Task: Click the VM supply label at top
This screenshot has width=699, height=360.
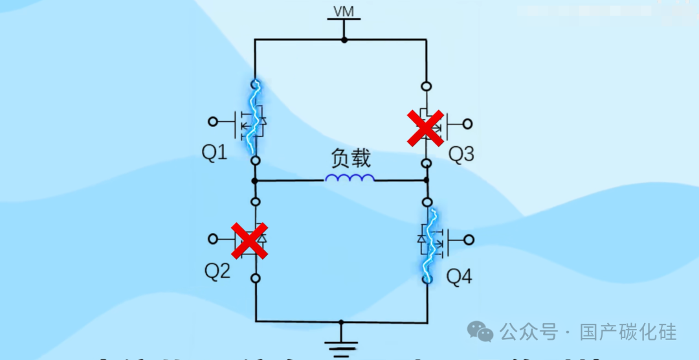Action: point(344,12)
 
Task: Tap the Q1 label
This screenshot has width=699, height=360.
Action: point(215,153)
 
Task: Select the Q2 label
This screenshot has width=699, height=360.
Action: point(217,271)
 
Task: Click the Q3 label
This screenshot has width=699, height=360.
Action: point(461,154)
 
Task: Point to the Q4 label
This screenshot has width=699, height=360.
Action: point(460,277)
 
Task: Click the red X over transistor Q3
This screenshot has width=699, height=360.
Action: point(425,126)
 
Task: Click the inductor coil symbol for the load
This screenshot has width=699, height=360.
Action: point(349,178)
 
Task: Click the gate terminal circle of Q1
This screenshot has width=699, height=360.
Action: point(212,121)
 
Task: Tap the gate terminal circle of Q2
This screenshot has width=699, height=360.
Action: point(212,239)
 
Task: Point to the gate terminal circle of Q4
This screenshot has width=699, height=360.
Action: point(468,240)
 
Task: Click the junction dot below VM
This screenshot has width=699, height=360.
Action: point(344,40)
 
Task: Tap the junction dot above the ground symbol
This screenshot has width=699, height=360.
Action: point(341,321)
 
